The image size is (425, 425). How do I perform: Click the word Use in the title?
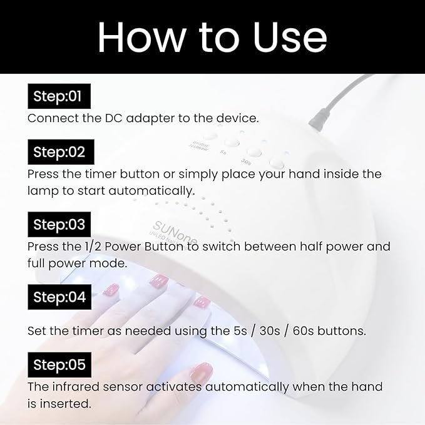(x=290, y=37)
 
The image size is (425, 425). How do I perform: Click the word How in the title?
(x=141, y=37)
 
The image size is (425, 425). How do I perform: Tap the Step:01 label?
(x=59, y=96)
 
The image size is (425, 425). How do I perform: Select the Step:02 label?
(x=61, y=152)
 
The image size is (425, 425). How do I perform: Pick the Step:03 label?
(x=59, y=225)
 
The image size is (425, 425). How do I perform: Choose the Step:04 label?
(x=59, y=297)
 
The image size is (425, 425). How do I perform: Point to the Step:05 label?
(x=59, y=364)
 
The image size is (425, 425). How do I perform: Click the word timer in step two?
(x=101, y=174)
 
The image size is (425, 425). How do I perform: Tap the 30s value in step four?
(x=270, y=331)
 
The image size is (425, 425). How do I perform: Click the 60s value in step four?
(x=303, y=331)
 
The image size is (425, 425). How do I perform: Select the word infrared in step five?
(x=76, y=387)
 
